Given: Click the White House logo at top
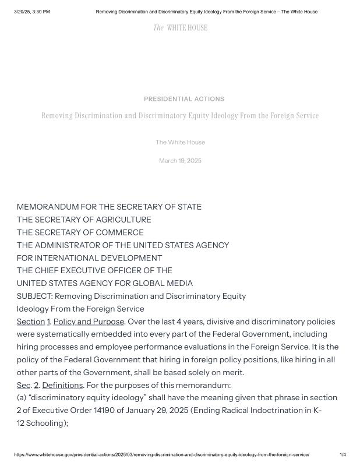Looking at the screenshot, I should pyautogui.click(x=180, y=27).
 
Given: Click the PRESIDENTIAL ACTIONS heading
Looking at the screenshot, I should pyautogui.click(x=184, y=99).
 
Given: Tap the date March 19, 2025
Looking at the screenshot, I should pyautogui.click(x=180, y=161).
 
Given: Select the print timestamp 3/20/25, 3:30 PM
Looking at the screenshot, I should pyautogui.click(x=32, y=12).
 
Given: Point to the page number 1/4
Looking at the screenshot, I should pyautogui.click(x=343, y=454).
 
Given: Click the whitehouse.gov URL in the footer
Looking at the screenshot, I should pyautogui.click(x=162, y=454).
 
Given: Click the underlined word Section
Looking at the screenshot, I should pyautogui.click(x=30, y=322).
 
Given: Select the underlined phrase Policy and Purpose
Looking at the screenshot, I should pyautogui.click(x=89, y=322).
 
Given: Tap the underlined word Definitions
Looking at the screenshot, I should pyautogui.click(x=62, y=386).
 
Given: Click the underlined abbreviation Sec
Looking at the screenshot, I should pyautogui.click(x=23, y=386).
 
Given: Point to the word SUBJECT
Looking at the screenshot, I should pyautogui.click(x=34, y=296).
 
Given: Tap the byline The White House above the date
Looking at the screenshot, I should pyautogui.click(x=180, y=142).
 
